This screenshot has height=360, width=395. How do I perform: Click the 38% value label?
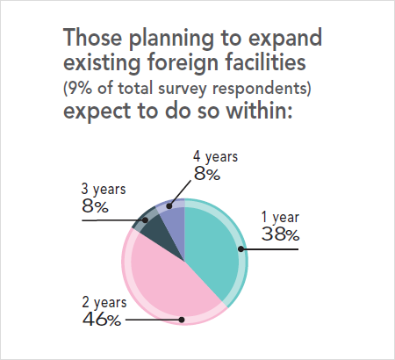point(281,234)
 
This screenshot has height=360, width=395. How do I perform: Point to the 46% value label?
point(102,320)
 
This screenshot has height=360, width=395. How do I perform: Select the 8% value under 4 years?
point(206,174)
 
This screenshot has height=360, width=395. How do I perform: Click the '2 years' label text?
point(104,303)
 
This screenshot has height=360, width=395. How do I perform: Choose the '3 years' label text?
point(104,190)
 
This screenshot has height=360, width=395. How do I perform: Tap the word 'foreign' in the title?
point(194,65)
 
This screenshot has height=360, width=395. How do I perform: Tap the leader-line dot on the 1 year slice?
point(243,249)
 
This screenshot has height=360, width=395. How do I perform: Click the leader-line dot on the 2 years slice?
point(182,320)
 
